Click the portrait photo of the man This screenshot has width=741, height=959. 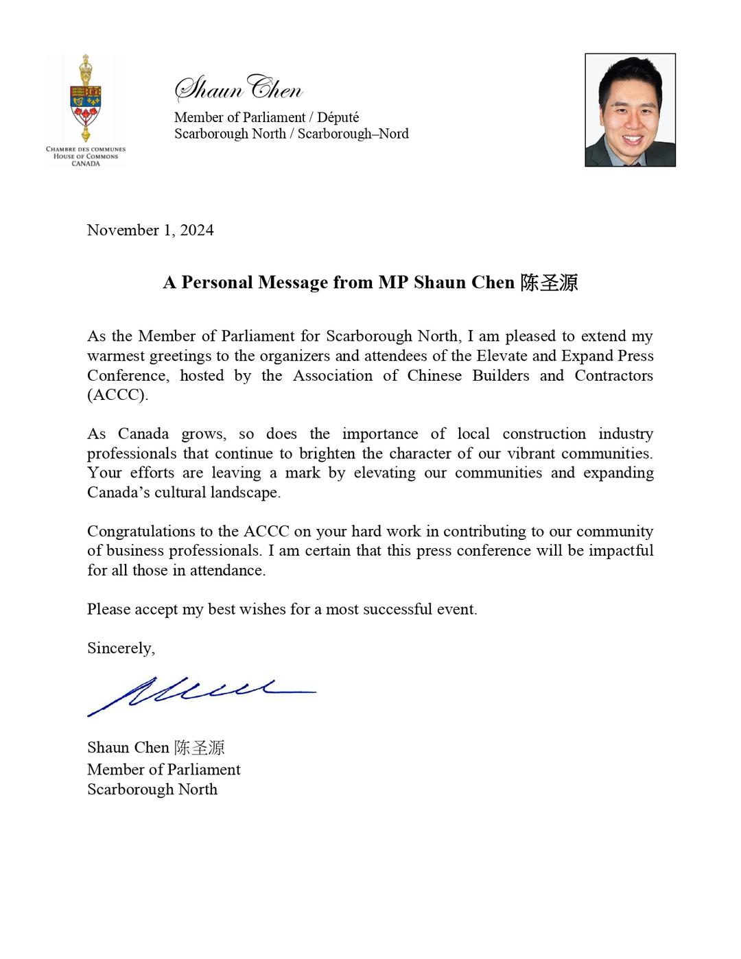pyautogui.click(x=630, y=110)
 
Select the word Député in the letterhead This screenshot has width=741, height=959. pyautogui.click(x=338, y=117)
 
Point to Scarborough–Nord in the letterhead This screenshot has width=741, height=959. pyautogui.click(x=353, y=134)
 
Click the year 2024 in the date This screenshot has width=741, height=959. pyautogui.click(x=197, y=230)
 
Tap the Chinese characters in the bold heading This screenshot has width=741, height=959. pyautogui.click(x=549, y=283)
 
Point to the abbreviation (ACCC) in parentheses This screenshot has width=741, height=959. pyautogui.click(x=117, y=396)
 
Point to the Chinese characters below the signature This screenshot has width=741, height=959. pyautogui.click(x=199, y=748)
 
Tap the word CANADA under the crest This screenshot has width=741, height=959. pyautogui.click(x=86, y=164)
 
